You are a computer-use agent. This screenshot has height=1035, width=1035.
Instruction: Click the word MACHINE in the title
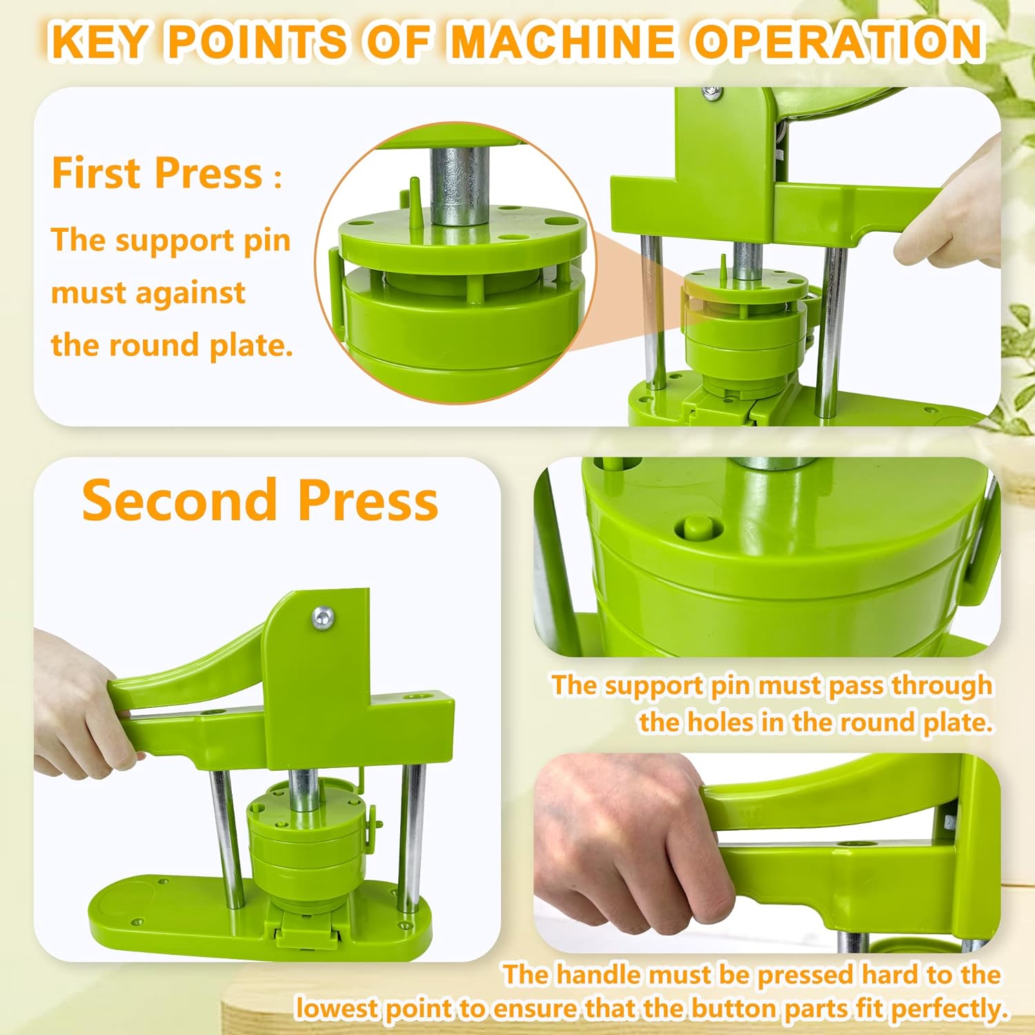tap(562, 41)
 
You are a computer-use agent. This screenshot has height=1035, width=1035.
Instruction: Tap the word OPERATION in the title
tap(838, 41)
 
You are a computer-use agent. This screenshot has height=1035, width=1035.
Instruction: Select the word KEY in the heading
tap(101, 41)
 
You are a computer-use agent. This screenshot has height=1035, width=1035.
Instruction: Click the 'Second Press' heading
tap(260, 500)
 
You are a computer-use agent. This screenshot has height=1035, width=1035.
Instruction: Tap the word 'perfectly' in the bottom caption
tap(947, 1009)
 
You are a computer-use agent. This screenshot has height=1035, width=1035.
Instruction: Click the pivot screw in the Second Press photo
tap(322, 618)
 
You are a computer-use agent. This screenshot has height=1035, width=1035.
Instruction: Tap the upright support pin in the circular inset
tap(415, 204)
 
